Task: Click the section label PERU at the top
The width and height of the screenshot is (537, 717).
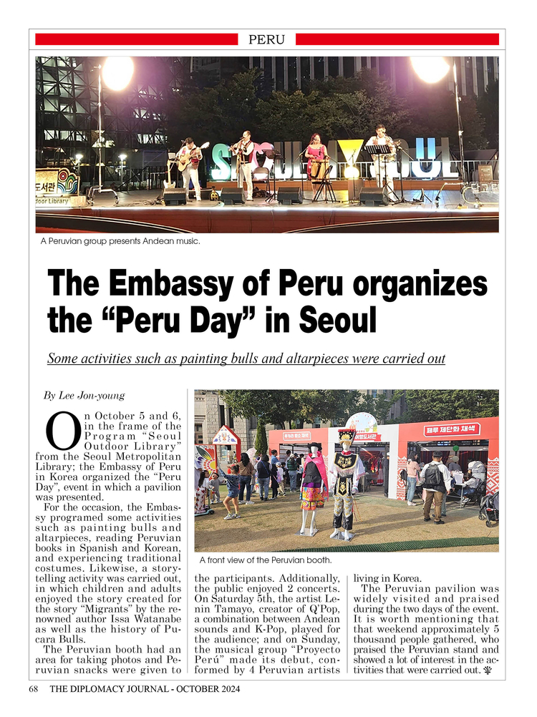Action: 266,39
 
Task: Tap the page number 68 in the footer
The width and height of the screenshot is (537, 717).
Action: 33,689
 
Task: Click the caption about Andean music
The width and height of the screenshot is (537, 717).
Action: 120,241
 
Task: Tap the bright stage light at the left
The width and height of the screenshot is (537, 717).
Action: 117,72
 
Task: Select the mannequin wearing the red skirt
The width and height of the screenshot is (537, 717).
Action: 313,487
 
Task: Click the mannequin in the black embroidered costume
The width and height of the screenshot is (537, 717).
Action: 345,487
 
